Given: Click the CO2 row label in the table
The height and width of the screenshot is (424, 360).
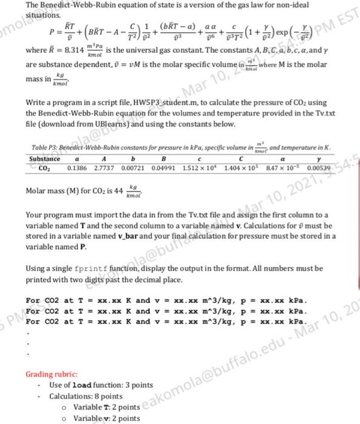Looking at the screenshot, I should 45,167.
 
